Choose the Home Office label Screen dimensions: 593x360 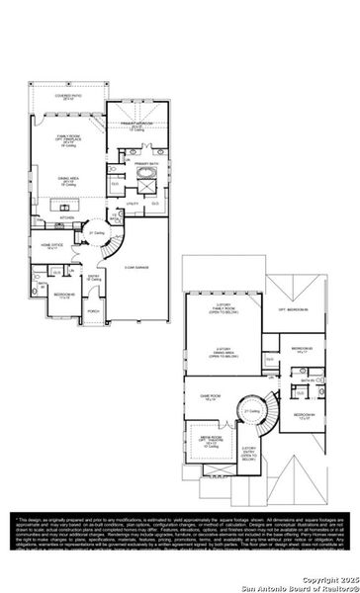click(x=51, y=244)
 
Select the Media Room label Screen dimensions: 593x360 click(x=211, y=441)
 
